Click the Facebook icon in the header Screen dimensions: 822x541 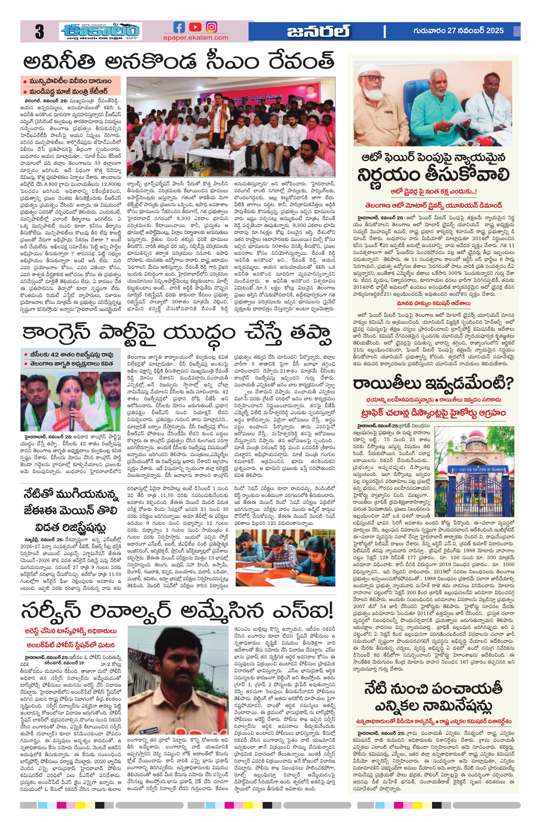pyautogui.click(x=179, y=27)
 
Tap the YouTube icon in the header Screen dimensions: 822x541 pyautogui.click(x=195, y=27)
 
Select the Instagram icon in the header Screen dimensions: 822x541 pyautogui.click(x=211, y=27)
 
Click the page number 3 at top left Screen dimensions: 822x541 pyautogui.click(x=39, y=32)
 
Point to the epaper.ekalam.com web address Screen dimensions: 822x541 pyautogui.click(x=196, y=38)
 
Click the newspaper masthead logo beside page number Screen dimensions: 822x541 pyautogui.click(x=100, y=31)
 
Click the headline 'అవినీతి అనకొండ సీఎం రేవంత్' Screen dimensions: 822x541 pyautogui.click(x=179, y=62)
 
